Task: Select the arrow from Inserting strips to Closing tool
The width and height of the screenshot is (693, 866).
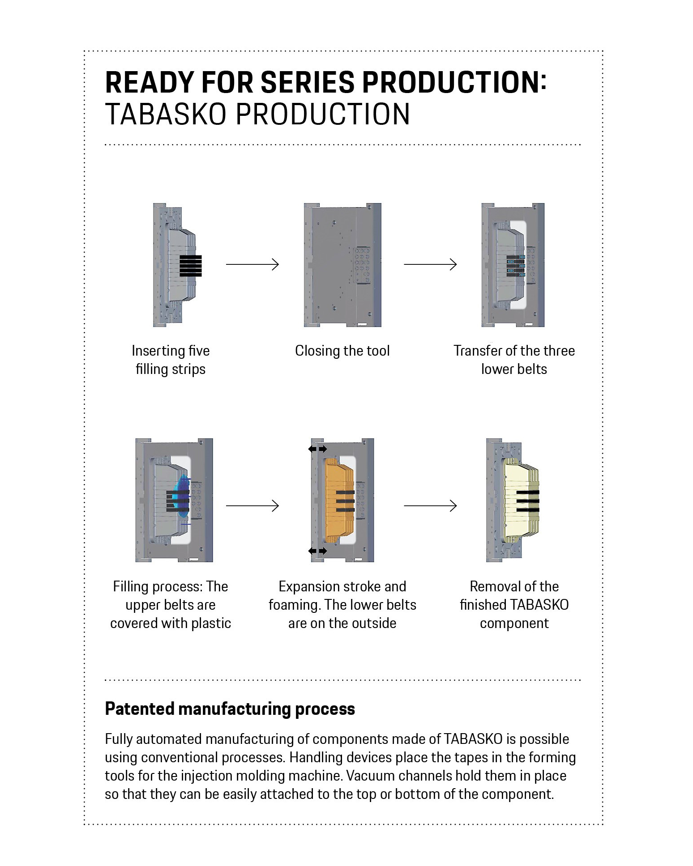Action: [252, 264]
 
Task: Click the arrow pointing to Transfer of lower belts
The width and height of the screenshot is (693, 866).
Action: [430, 264]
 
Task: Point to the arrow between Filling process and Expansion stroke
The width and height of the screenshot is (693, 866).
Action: [252, 506]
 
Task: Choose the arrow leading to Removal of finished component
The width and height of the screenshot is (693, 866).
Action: [430, 506]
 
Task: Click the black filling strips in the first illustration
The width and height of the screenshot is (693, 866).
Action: [191, 266]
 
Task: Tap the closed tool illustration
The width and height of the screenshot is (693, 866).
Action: [342, 265]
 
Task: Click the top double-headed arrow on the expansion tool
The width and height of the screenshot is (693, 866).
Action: [317, 449]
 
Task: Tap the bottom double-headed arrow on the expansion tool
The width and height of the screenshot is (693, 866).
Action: [317, 551]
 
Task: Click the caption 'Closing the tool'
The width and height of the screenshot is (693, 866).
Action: [342, 351]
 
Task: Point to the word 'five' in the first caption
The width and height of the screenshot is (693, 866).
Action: [198, 351]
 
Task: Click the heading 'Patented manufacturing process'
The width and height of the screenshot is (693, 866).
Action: [230, 709]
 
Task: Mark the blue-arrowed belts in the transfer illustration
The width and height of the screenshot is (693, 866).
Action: [516, 264]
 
